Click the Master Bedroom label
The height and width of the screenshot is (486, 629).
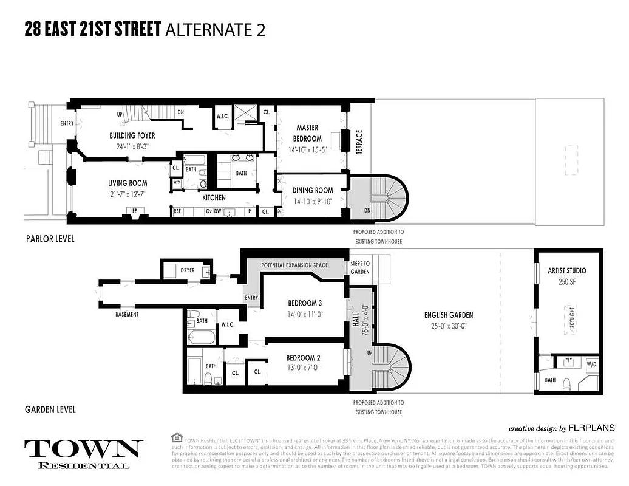[x=307, y=133]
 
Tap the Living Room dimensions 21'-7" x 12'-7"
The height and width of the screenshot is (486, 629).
[x=127, y=194]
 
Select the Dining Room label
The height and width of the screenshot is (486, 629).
[x=313, y=190]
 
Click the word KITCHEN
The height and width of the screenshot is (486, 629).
[x=214, y=198]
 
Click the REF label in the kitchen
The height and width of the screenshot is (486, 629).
[x=178, y=211]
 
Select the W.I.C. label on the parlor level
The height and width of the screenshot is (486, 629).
[x=222, y=117]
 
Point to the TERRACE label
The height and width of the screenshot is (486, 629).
[x=359, y=142]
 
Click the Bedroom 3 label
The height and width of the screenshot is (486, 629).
[x=304, y=303]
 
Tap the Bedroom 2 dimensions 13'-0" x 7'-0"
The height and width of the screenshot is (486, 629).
[x=304, y=367]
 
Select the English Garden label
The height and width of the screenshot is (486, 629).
[x=449, y=315]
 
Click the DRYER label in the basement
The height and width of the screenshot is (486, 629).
[x=188, y=270]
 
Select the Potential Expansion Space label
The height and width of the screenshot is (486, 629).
[x=295, y=266]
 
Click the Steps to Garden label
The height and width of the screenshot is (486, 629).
[x=359, y=267]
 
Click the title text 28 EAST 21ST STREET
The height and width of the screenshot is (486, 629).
[x=93, y=30]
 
